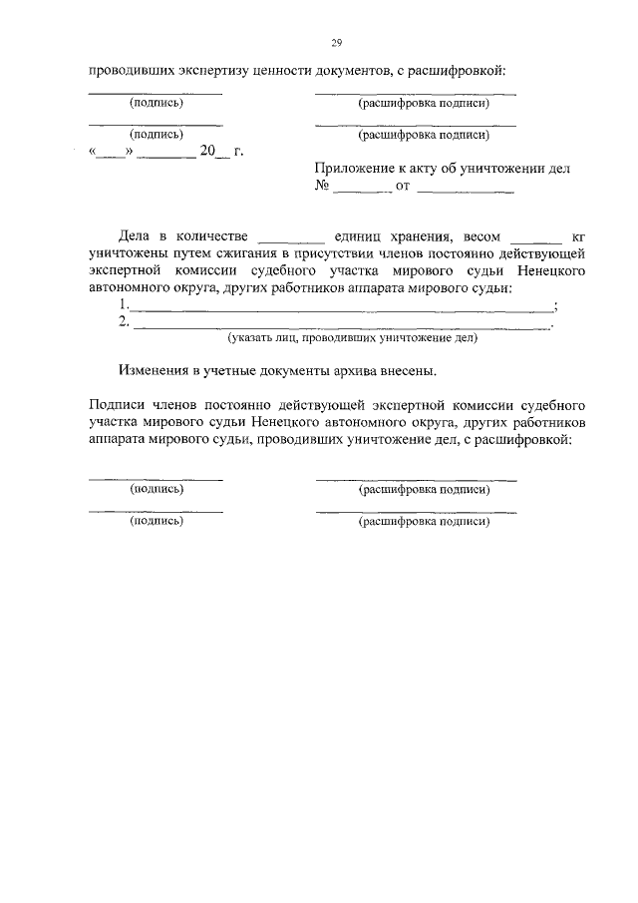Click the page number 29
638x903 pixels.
point(336,43)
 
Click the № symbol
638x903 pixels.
point(322,187)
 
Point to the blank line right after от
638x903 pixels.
point(466,188)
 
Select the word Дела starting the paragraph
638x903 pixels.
point(133,236)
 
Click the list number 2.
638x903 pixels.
point(123,321)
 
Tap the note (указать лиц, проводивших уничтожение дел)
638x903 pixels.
point(353,338)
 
